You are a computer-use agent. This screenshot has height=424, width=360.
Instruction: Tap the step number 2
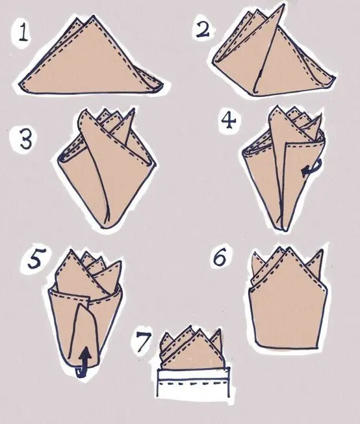203,29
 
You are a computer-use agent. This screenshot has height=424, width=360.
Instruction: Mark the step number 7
143,342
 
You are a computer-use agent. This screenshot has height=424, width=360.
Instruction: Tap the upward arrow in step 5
85,360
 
